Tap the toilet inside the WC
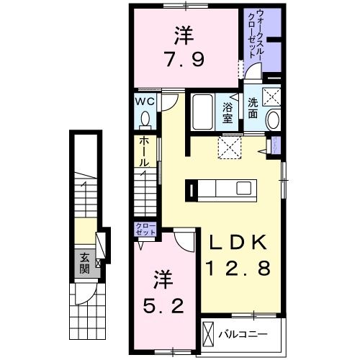point(145,118)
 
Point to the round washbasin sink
point(274,120)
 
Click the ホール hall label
point(143,153)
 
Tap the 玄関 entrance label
point(84,264)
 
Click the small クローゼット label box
point(146,230)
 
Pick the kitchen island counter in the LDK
point(222,189)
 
